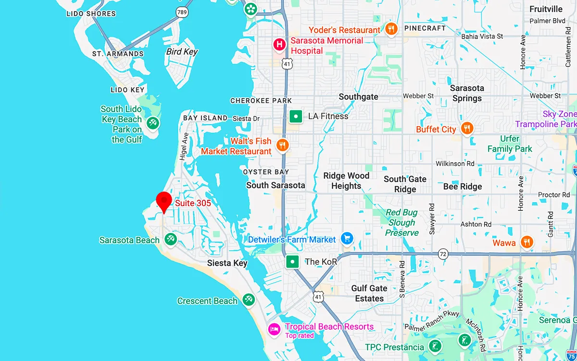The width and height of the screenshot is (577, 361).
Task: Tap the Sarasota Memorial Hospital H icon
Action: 279,45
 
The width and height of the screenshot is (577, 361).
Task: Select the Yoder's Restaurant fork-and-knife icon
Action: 391,29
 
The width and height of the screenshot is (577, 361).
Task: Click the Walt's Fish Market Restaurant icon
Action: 282,145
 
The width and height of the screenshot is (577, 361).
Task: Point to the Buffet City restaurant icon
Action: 466,129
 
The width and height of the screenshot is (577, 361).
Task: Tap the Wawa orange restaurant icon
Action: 527,243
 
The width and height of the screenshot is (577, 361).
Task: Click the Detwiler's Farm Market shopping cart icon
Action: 347,238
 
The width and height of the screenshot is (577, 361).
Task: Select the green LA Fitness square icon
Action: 296,116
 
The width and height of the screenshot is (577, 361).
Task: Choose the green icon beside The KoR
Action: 292,262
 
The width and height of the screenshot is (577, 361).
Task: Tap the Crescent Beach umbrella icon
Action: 249,300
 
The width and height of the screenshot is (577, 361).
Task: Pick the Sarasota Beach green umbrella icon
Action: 170,239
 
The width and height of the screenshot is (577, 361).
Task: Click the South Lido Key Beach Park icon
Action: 153,123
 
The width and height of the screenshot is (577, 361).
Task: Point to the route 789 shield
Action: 182,13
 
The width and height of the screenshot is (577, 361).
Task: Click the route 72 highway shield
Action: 443,253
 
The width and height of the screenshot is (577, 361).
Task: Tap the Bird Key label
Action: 182,52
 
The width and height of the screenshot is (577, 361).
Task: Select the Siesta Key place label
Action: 227,263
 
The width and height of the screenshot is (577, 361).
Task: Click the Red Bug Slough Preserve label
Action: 402,222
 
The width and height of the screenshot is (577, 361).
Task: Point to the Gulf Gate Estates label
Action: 369,293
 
